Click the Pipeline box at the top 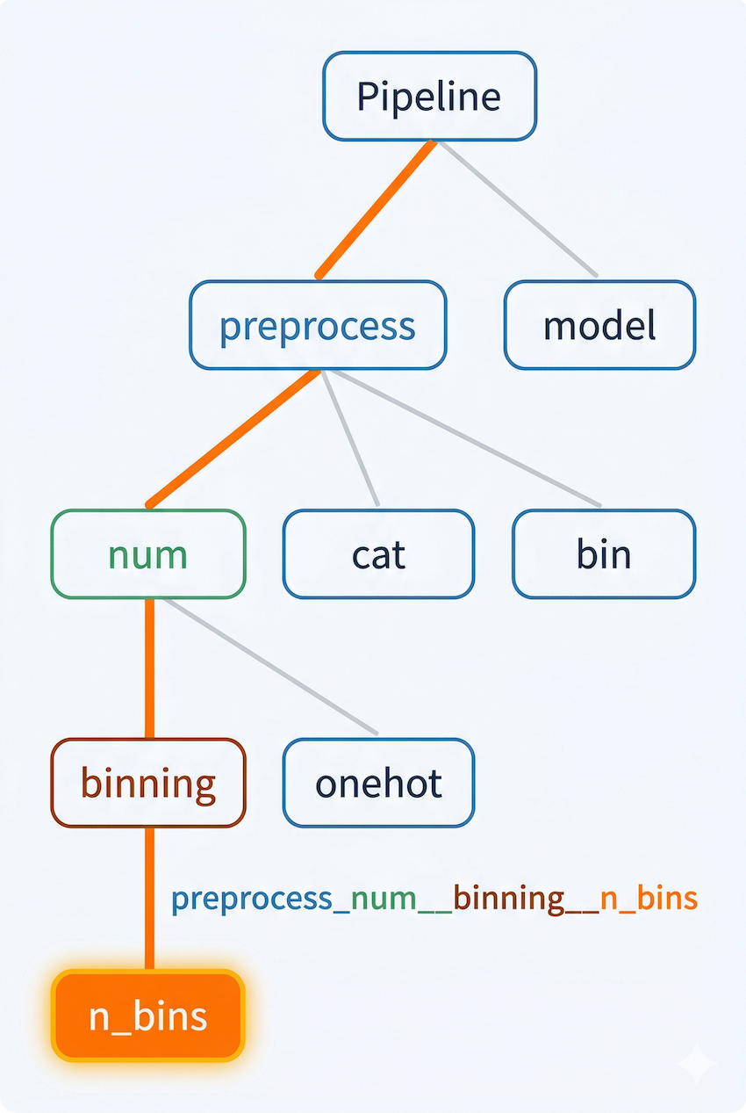pos(429,96)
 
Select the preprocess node pos(318,325)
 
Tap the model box pos(599,325)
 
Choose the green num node pos(147,554)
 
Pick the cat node pos(378,554)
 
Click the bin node pos(604,554)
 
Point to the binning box pos(147,783)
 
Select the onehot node pos(378,783)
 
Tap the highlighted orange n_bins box pos(147,1015)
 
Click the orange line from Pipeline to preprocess pos(376,209)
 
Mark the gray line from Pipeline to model pos(518,209)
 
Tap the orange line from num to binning pos(148,668)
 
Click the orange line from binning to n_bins pos(148,896)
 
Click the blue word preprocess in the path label pos(252,899)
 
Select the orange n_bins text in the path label pos(649,899)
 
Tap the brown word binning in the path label pos(508,899)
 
